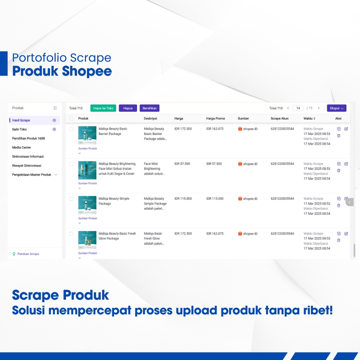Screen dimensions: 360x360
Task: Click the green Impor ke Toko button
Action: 103,108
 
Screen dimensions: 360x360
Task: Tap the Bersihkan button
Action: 150,108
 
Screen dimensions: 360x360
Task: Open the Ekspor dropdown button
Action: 336,108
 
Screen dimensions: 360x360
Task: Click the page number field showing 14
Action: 298,108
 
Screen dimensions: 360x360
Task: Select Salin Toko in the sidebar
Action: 19,129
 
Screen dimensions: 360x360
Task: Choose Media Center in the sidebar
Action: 21,147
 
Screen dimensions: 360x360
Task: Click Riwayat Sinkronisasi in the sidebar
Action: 27,165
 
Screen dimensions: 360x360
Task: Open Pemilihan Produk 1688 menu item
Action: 28,138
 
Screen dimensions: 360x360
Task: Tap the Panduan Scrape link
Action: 28,254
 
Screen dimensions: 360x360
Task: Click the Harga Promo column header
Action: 216,118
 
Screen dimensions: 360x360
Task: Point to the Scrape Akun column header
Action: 280,118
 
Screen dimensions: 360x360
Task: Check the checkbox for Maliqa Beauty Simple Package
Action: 71,199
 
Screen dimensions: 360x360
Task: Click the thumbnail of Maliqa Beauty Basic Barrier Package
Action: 87,135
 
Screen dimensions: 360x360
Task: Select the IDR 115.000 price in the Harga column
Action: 183,199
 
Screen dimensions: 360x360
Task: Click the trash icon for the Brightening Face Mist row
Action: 339,171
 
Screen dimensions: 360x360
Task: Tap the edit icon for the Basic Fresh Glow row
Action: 346,234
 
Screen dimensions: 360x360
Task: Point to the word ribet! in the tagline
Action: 318,310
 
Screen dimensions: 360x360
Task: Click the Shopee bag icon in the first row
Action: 240,129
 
